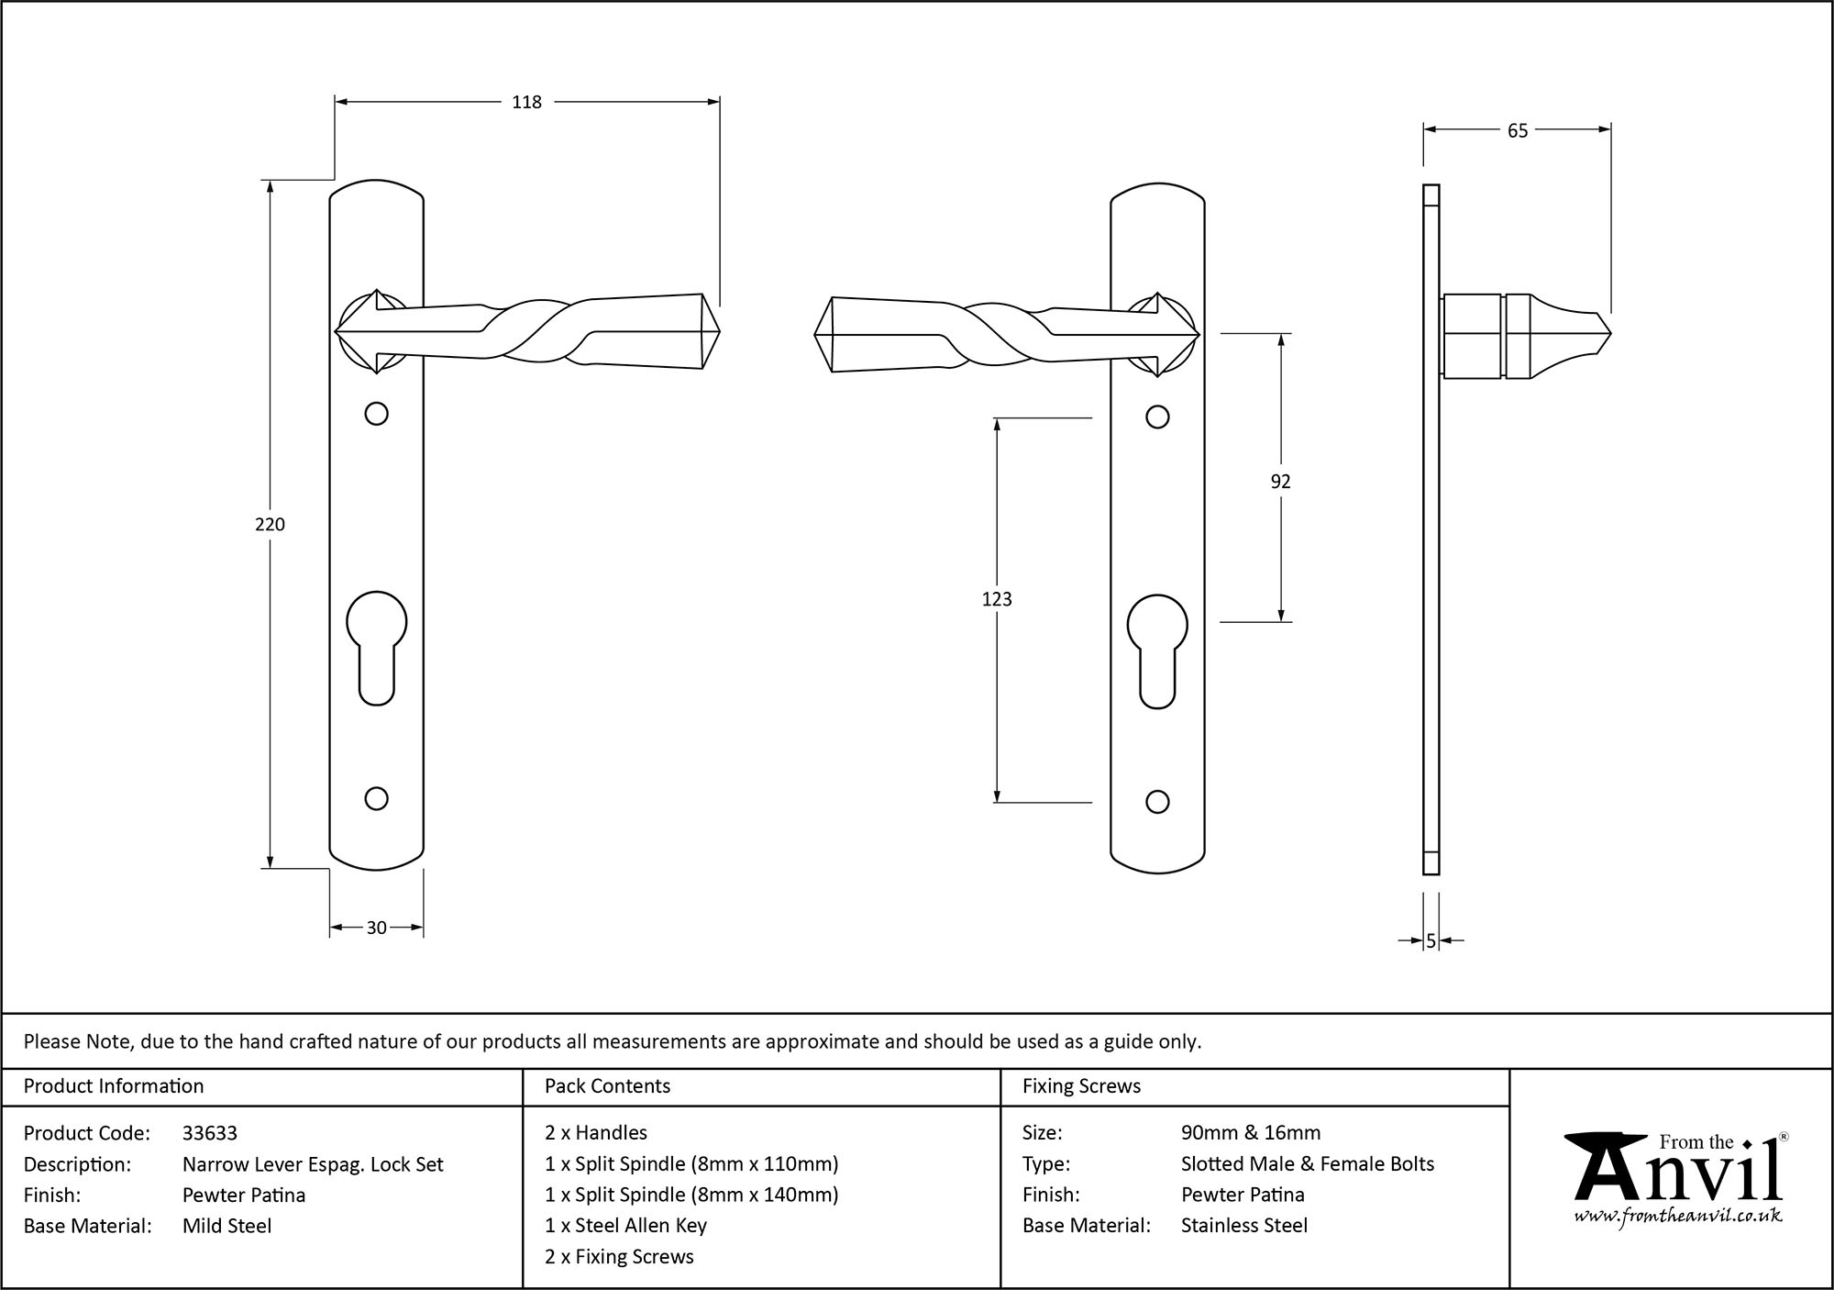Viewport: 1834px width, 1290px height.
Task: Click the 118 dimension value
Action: tap(526, 103)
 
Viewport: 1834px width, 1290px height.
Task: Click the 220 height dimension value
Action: tap(270, 524)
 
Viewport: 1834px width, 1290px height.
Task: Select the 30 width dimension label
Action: tap(376, 928)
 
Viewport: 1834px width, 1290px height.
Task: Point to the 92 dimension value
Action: tap(1280, 482)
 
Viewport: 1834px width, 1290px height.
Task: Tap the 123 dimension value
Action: tap(997, 599)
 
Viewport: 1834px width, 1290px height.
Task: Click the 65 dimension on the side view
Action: tap(1518, 131)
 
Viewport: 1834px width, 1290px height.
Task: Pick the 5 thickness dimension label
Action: tap(1431, 940)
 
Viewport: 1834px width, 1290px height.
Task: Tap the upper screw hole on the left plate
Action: tap(376, 414)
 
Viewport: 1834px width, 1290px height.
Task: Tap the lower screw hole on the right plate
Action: tap(1157, 802)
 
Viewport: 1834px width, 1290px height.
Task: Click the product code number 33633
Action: tap(210, 1133)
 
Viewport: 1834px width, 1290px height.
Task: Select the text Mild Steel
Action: tap(226, 1226)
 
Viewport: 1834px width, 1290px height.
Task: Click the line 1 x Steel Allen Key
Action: tap(625, 1226)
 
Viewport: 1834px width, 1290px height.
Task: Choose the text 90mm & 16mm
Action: tap(1251, 1133)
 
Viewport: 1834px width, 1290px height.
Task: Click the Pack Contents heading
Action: tap(607, 1086)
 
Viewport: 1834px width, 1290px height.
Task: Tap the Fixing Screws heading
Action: tap(1081, 1086)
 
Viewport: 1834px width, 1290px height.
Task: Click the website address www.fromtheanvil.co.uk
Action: tap(1677, 1216)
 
